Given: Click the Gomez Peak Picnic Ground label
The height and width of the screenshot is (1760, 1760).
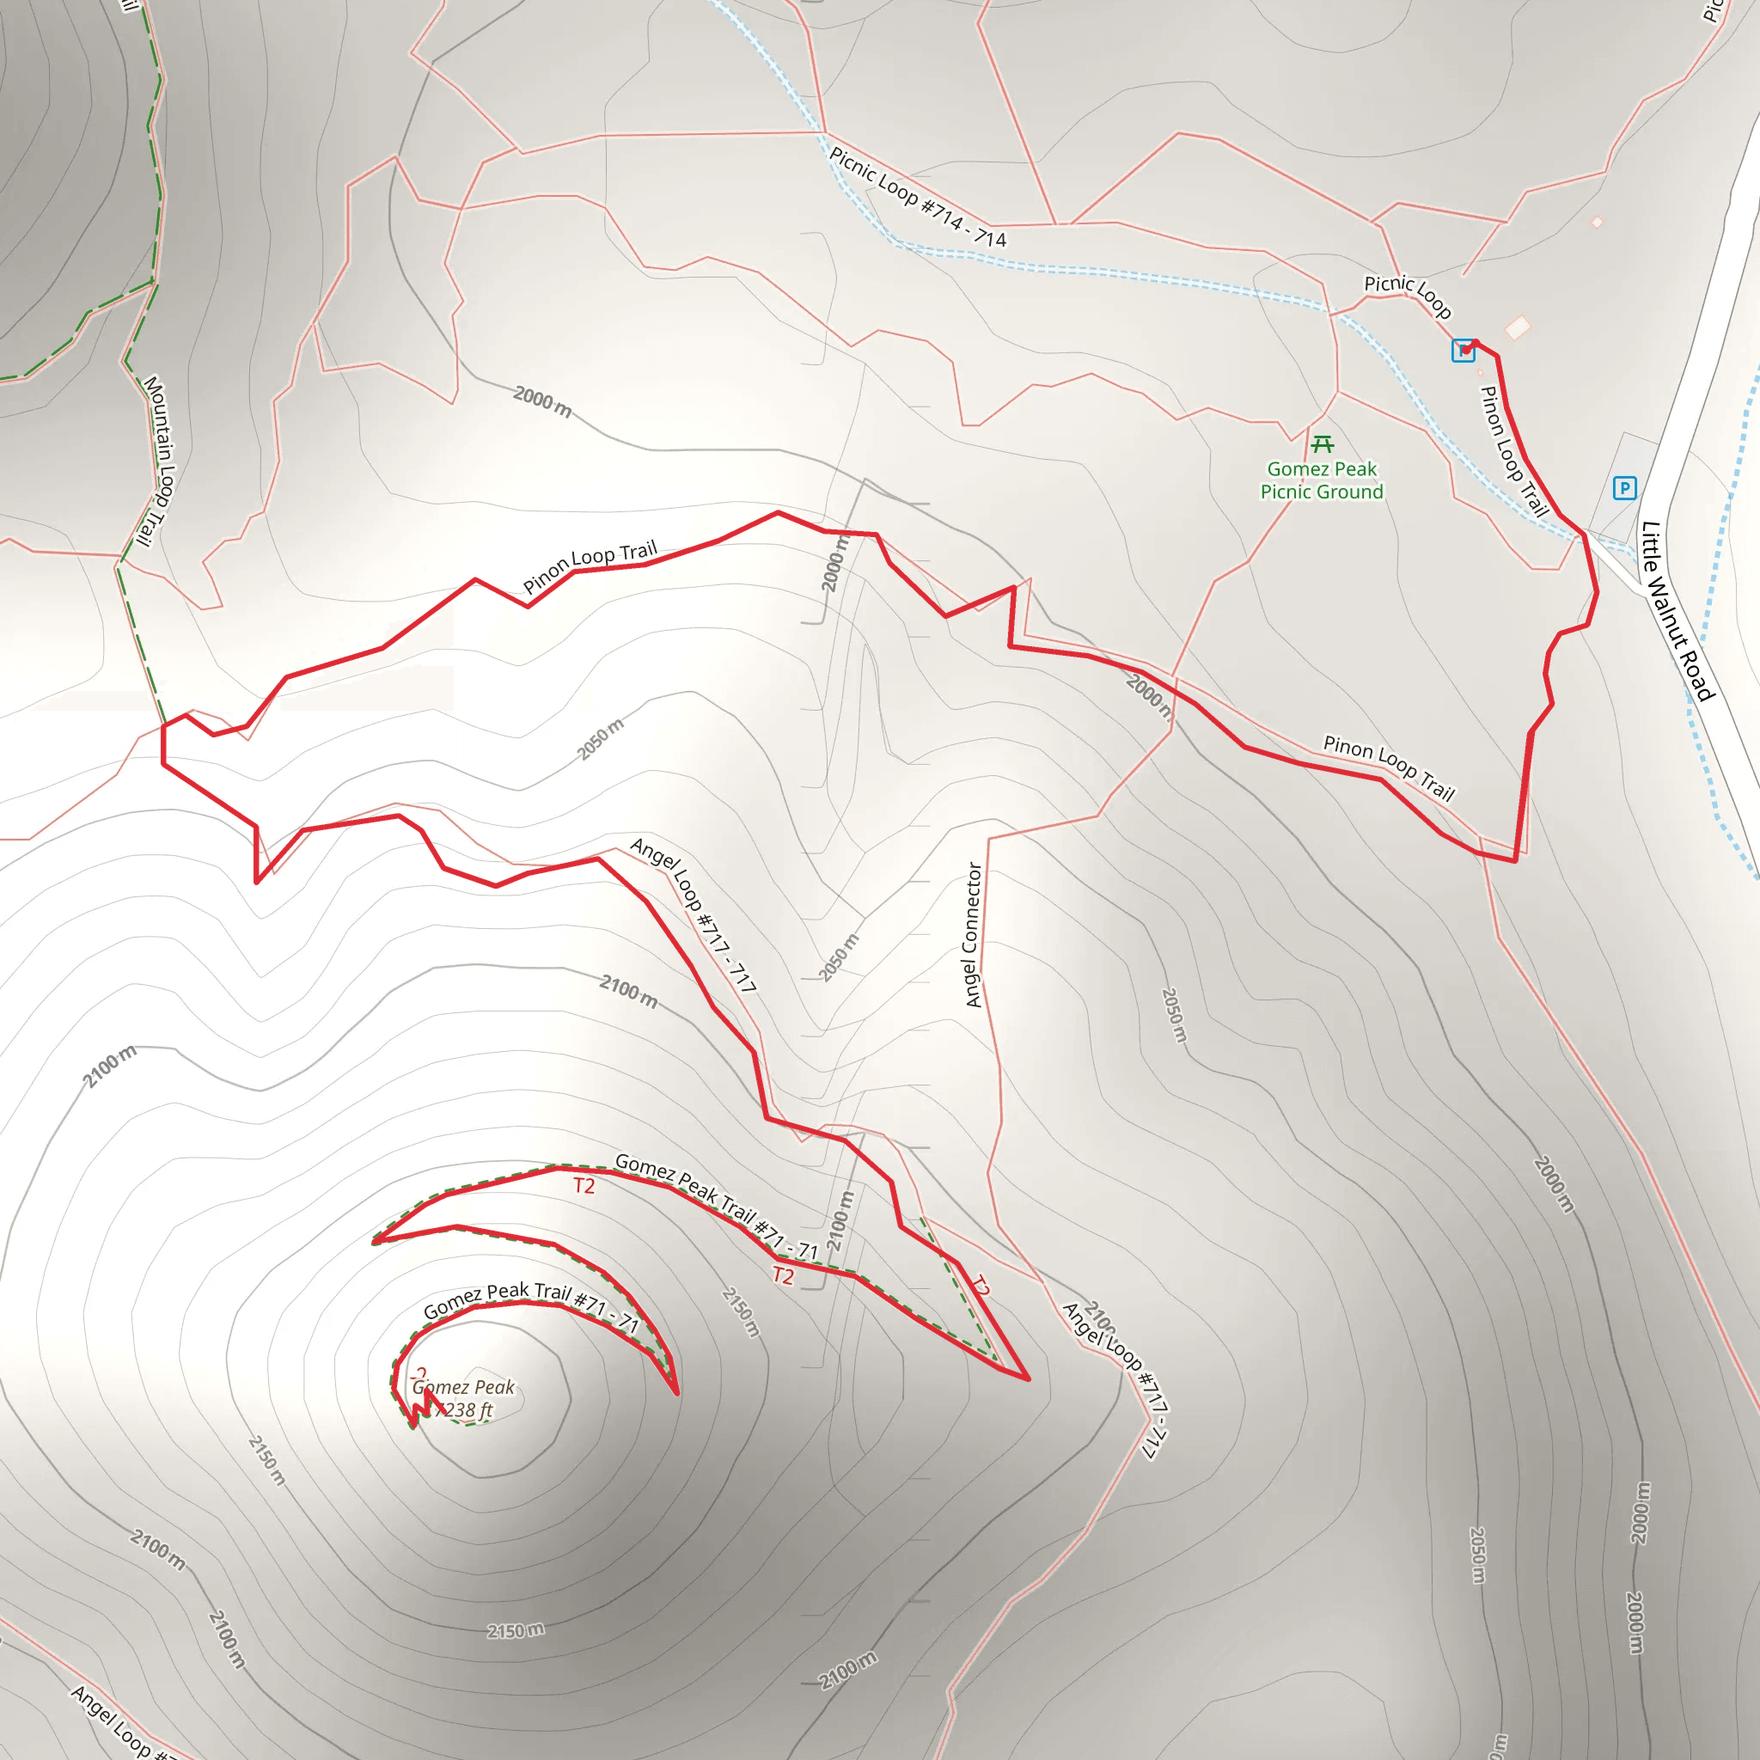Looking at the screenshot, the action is pos(1322,480).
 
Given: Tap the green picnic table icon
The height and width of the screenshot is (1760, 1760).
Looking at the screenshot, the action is pos(1323,443).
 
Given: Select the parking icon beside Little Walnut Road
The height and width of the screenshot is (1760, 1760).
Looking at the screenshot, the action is pos(1624,487).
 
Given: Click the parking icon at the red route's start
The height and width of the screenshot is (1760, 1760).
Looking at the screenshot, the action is pos(1463,350).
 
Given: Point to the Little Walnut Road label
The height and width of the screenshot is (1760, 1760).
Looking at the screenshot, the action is pos(1678,611).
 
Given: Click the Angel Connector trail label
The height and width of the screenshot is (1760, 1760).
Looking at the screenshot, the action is pos(973,935).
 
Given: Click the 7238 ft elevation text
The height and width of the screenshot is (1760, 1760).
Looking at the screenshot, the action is pos(465,1410).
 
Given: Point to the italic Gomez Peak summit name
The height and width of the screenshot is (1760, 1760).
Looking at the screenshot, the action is pos(465,1387).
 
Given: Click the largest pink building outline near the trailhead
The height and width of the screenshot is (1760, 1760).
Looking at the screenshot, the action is pos(1518,327).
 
